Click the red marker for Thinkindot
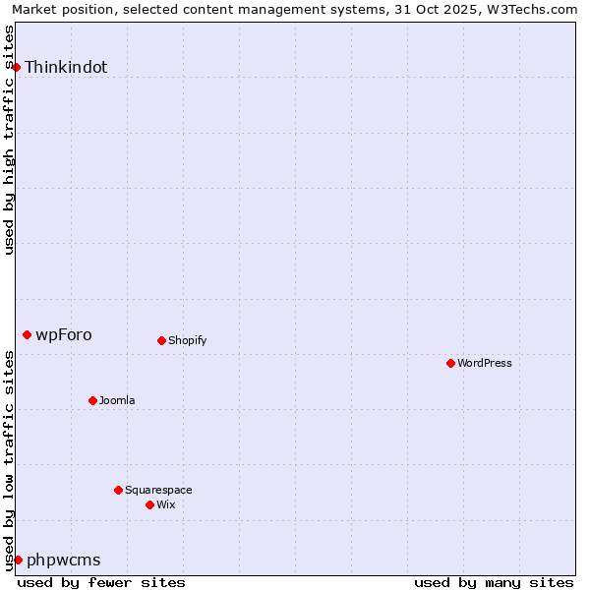coord(16,67)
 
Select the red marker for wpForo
coord(27,335)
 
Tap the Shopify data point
coord(161,341)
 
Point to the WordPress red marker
coord(450,364)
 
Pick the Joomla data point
coord(92,400)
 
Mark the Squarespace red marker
coord(118,490)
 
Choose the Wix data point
coord(149,504)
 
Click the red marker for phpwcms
coord(18,560)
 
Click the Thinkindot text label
coord(66,68)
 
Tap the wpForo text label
coord(64,335)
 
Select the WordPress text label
coord(485,364)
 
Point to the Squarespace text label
coord(158,490)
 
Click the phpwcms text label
coord(64,560)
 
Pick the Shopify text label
coord(187,341)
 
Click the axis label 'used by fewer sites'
coord(101,582)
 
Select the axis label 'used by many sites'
coord(494,582)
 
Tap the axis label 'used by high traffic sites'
coord(10,140)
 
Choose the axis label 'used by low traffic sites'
coord(10,460)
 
